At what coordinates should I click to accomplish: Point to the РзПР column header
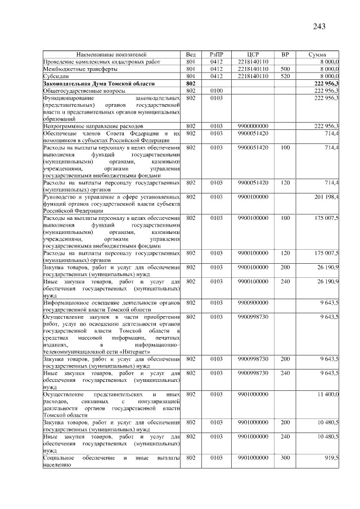tap(217, 54)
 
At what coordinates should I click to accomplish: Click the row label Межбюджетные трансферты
tap(73, 69)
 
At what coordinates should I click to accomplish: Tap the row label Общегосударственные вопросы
tap(79, 91)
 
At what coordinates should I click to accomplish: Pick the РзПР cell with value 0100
tap(217, 91)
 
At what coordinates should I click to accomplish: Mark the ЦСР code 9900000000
tap(253, 127)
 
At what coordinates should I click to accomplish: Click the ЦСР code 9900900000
tap(253, 303)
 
